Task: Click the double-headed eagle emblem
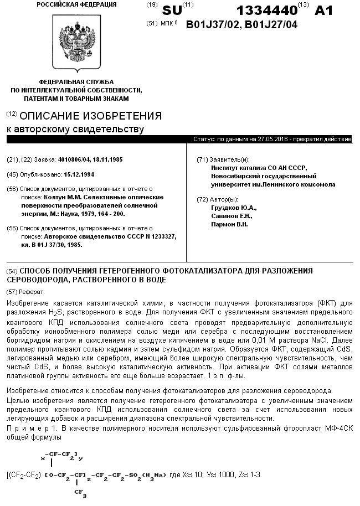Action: tap(76, 42)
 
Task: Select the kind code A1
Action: tap(326, 11)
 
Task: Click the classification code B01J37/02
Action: tap(213, 24)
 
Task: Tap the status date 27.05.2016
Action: tap(268, 140)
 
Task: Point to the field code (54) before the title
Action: tap(12, 271)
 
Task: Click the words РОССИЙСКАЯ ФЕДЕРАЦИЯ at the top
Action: tap(76, 4)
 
